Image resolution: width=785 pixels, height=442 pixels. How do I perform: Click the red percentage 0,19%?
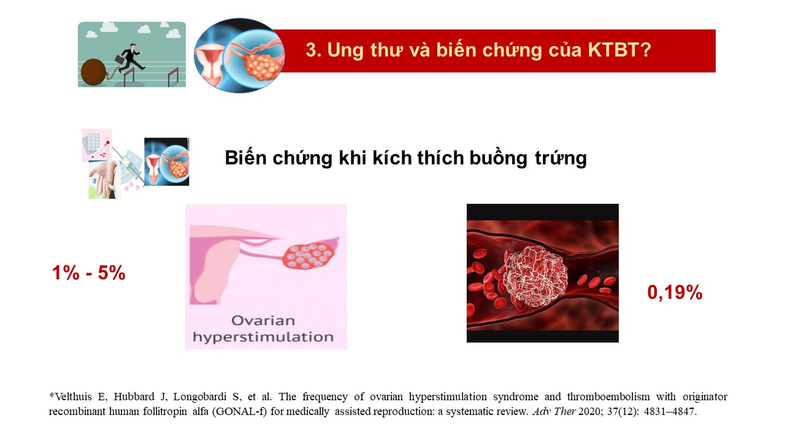click(675, 292)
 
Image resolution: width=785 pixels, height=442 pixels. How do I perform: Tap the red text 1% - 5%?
click(89, 273)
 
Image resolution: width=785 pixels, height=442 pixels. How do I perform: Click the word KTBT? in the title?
click(619, 50)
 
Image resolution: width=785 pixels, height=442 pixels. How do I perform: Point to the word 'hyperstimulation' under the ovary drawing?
click(263, 337)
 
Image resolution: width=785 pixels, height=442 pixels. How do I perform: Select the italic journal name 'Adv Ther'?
click(554, 411)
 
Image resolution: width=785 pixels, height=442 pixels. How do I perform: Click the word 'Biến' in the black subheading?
click(246, 158)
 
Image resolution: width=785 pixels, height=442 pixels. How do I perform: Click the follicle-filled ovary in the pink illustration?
click(309, 255)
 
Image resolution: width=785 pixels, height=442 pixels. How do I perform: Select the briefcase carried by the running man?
click(119, 60)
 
